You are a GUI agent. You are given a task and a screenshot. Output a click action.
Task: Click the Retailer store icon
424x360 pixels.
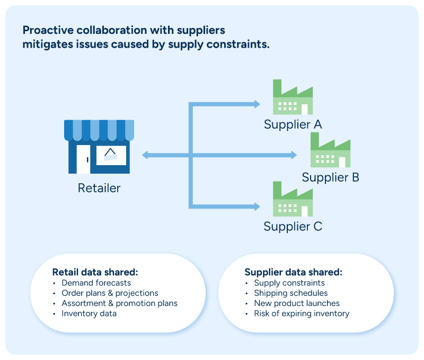(99, 147)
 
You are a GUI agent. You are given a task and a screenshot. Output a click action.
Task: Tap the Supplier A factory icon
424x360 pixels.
(293, 97)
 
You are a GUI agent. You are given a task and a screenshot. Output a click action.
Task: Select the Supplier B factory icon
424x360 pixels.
(330, 150)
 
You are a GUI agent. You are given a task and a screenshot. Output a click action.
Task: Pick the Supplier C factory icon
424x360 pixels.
(293, 199)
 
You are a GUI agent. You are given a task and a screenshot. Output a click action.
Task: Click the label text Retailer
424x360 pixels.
(99, 188)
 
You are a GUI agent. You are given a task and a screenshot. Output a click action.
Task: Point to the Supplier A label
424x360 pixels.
(293, 124)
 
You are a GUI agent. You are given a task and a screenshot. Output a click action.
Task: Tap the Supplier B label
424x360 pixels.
(330, 177)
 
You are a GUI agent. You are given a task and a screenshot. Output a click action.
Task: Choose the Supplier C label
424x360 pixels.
(293, 226)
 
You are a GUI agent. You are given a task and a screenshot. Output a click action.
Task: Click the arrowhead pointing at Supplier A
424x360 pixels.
(257, 104)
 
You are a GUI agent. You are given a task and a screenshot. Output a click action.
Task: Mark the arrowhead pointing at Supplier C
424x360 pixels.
(257, 206)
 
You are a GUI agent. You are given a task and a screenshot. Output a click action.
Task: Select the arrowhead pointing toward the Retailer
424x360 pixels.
(145, 155)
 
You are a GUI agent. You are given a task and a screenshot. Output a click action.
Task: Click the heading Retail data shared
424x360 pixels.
(95, 272)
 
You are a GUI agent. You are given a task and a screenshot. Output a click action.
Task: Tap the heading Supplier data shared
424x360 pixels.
(294, 272)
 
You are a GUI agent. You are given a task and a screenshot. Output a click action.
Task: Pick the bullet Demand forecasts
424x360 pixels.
(96, 283)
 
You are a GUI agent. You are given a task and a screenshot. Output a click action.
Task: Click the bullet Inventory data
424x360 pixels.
(89, 313)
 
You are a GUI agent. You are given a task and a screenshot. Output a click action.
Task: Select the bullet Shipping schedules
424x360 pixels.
(290, 293)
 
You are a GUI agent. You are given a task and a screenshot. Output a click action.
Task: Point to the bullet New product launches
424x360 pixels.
(297, 303)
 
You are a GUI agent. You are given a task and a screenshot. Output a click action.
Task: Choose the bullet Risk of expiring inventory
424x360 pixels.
(302, 313)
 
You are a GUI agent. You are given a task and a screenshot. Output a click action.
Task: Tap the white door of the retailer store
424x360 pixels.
(84, 159)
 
